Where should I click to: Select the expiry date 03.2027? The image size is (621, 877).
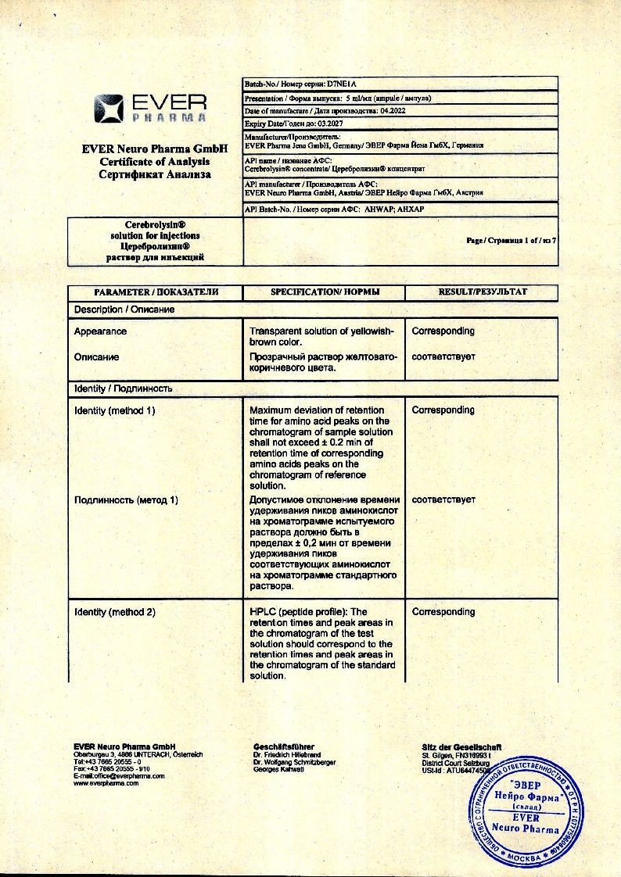[x=327, y=123]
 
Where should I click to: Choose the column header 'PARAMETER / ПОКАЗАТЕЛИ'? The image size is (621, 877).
[x=156, y=292]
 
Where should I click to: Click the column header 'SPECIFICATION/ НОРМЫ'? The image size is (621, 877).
[x=325, y=292]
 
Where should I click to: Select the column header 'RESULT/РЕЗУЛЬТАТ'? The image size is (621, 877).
[x=482, y=292]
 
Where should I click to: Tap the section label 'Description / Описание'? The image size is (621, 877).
[x=124, y=310]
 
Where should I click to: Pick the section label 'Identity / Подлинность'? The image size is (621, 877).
[x=123, y=388]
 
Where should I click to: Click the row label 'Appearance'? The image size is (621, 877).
[x=100, y=331]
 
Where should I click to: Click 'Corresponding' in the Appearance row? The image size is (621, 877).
[x=443, y=331]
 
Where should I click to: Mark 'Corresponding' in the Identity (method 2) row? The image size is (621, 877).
[x=443, y=612]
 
